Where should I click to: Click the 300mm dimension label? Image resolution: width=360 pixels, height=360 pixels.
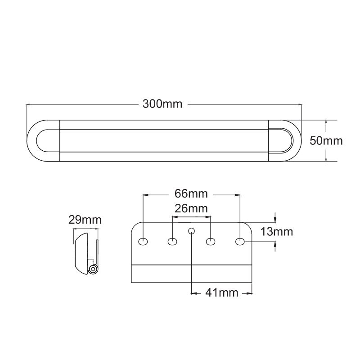162,104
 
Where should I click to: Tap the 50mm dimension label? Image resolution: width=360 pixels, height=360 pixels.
326,140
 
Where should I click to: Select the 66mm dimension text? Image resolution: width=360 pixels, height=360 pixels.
191,193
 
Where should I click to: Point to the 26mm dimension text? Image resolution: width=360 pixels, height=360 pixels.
191,208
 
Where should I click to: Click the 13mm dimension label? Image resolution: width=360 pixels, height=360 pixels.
277,232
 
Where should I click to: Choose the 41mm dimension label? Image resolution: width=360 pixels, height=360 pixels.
222,293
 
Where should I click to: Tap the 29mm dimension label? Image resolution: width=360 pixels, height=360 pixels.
85,220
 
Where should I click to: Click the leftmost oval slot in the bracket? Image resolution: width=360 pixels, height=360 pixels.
143,242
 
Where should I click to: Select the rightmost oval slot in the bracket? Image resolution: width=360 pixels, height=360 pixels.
240,242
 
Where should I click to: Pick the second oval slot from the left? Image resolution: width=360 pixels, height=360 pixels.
172,242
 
